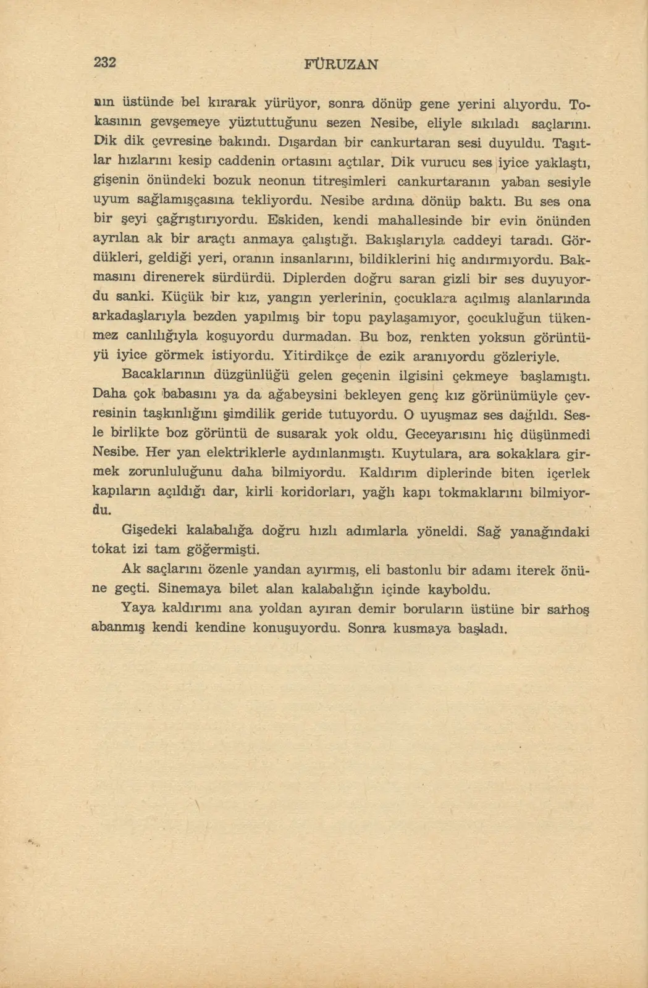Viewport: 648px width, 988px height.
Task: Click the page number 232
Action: click(105, 62)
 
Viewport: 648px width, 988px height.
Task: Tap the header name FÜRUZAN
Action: click(342, 64)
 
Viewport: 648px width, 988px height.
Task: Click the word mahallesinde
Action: click(419, 220)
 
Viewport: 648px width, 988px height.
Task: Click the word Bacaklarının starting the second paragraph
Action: click(164, 375)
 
